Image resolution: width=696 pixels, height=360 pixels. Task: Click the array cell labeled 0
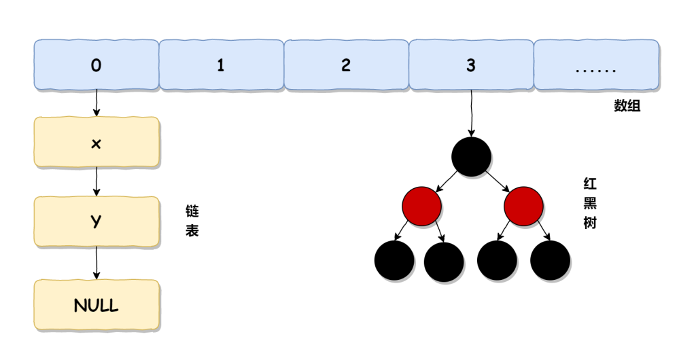pyautogui.click(x=96, y=65)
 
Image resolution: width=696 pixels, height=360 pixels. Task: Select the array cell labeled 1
pyautogui.click(x=221, y=65)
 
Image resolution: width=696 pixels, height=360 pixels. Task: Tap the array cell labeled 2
pyautogui.click(x=346, y=65)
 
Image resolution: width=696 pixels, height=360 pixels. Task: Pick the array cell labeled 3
pyautogui.click(x=471, y=65)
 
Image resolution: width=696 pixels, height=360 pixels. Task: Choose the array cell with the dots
pyautogui.click(x=595, y=65)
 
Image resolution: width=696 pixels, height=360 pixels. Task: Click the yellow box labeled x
pyautogui.click(x=96, y=143)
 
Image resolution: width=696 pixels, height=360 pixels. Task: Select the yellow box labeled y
pyautogui.click(x=96, y=222)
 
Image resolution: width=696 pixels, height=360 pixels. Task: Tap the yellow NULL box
pyautogui.click(x=96, y=305)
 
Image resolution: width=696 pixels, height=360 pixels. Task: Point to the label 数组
pyautogui.click(x=627, y=107)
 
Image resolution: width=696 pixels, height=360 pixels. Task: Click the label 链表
pyautogui.click(x=192, y=221)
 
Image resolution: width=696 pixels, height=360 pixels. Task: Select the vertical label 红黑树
pyautogui.click(x=589, y=203)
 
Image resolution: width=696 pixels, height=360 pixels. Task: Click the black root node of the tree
pyautogui.click(x=471, y=156)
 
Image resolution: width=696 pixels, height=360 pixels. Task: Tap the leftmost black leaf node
pyautogui.click(x=394, y=262)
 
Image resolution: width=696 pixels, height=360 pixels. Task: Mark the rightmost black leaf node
pyautogui.click(x=550, y=262)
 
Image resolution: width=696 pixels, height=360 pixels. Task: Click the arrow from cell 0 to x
pyautogui.click(x=96, y=103)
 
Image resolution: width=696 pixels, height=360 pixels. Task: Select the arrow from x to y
pyautogui.click(x=96, y=182)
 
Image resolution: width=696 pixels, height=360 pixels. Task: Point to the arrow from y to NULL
pyautogui.click(x=96, y=263)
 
